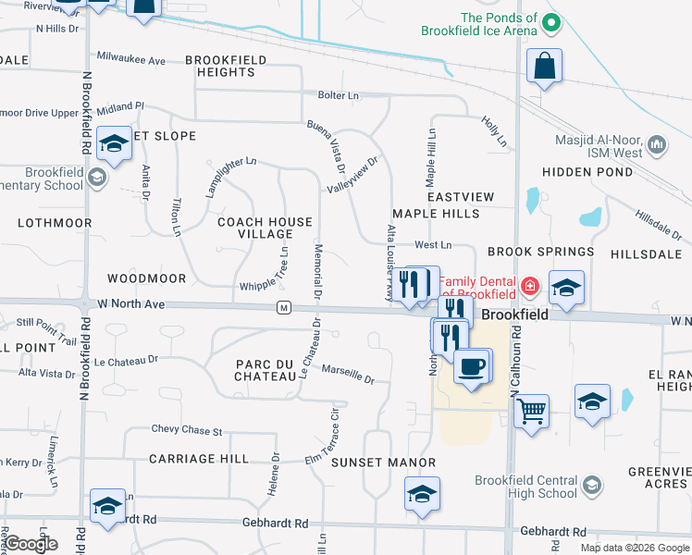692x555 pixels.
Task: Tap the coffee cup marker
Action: click(471, 365)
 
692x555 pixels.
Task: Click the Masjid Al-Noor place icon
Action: click(658, 144)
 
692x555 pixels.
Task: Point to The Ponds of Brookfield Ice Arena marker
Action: click(551, 23)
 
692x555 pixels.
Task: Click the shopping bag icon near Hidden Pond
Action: click(545, 66)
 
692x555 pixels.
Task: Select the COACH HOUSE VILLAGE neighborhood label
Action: click(265, 228)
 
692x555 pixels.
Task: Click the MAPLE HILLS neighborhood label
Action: click(436, 214)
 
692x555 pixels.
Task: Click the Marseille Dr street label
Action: click(348, 374)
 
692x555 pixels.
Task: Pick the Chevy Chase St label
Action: click(187, 431)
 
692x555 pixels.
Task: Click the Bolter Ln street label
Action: click(338, 95)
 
